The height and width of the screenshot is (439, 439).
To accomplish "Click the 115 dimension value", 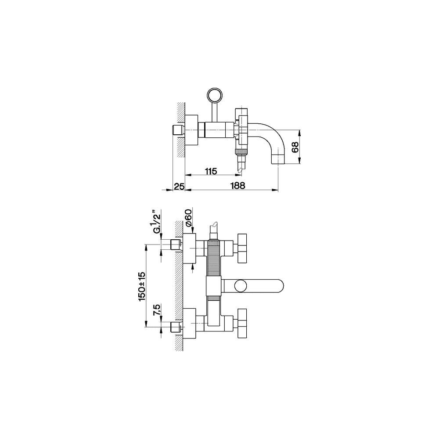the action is (x=211, y=171).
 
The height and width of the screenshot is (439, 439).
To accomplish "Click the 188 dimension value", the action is (x=237, y=186).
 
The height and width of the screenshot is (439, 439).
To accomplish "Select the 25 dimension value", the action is (x=179, y=186).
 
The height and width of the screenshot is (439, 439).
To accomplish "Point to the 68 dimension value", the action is (x=295, y=147).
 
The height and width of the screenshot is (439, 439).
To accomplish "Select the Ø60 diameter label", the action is (x=188, y=218).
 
